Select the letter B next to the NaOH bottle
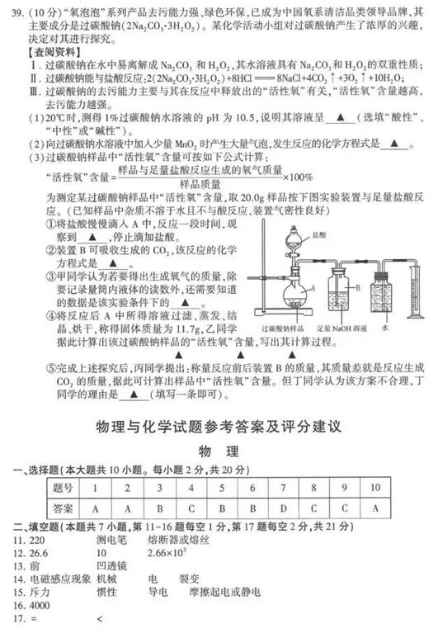point(361,287)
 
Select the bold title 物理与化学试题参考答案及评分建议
point(219,427)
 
